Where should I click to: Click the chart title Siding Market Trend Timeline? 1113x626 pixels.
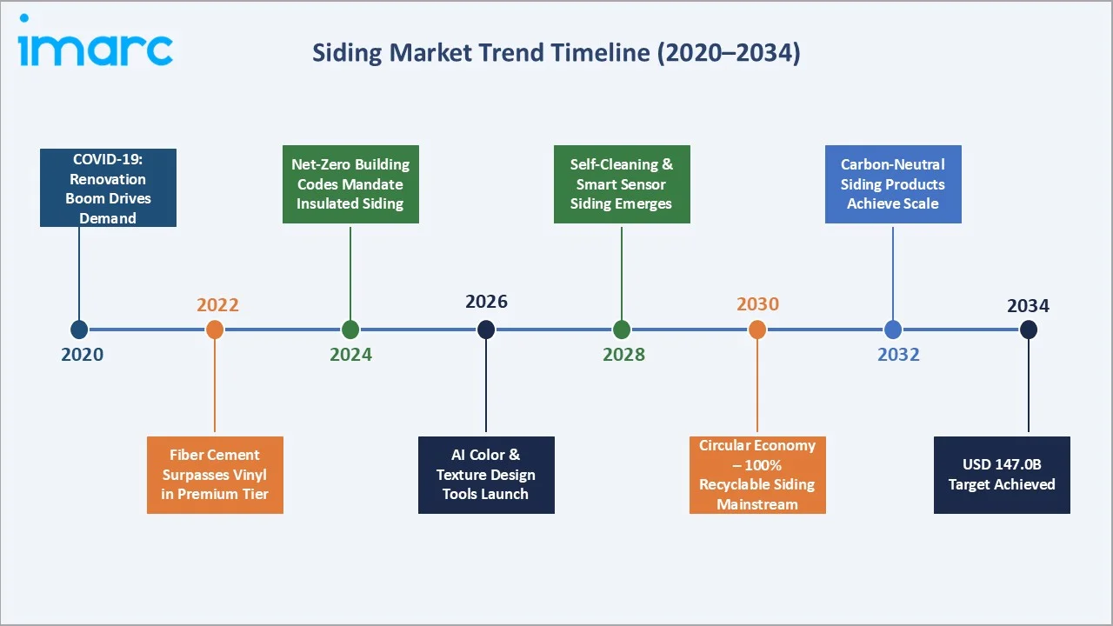556,53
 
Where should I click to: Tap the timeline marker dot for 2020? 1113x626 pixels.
79,330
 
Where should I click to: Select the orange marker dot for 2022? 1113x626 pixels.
215,330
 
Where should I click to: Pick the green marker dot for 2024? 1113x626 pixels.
350,330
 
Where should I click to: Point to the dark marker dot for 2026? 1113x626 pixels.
486,330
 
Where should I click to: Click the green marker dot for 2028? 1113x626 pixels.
622,330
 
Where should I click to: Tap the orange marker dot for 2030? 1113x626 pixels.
757,330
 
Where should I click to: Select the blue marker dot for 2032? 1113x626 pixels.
893,330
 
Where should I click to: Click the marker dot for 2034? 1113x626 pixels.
1029,330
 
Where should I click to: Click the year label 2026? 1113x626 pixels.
486,302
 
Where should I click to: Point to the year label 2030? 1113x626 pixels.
757,303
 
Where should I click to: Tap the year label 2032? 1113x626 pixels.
898,355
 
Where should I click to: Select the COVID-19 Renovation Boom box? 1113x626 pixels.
108,188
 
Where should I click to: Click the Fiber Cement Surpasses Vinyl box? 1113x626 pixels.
215,475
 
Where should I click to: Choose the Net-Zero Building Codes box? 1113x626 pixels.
350,184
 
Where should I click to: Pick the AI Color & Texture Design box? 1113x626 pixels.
486,475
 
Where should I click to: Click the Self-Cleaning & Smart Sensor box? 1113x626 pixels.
622,184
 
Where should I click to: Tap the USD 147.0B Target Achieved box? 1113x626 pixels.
1002,475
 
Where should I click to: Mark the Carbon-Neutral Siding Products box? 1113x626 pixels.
893,184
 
